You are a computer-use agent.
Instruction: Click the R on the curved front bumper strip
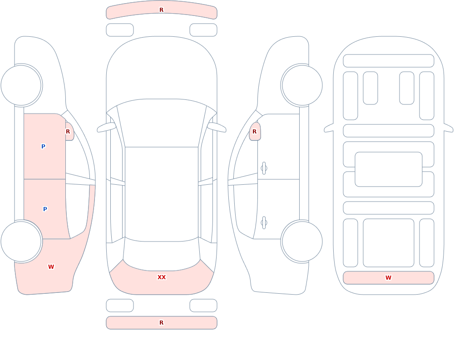pos(162,10)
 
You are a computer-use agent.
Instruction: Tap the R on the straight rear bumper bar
pos(162,323)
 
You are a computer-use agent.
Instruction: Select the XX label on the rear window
pos(162,277)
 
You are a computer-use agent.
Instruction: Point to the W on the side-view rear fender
pos(51,267)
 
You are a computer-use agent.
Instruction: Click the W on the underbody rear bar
pos(388,278)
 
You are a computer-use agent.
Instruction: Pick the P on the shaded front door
pos(43,146)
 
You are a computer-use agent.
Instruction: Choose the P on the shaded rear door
pos(45,209)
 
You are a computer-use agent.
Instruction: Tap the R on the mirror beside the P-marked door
pos(68,132)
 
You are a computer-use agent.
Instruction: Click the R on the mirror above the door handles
pos(255,132)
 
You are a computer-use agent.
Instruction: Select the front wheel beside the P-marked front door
pos(21,85)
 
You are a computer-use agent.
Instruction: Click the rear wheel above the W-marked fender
pos(21,242)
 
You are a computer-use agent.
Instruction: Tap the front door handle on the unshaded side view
pos(264,168)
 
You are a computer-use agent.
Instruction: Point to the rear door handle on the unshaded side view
pos(264,223)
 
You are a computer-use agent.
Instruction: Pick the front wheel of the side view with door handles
pos(302,85)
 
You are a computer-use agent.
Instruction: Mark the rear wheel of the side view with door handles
pos(302,242)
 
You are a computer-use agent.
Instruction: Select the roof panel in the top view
pos(162,194)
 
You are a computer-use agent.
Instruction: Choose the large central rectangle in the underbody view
pos(389,169)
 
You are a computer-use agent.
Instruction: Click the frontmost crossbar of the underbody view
pos(389,61)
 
